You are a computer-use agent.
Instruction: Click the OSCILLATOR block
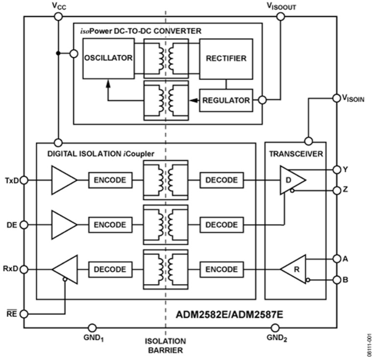(x=108, y=58)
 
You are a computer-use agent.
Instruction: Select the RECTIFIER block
(x=226, y=59)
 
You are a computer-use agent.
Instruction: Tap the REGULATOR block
(x=226, y=100)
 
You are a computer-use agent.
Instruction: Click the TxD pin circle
(x=24, y=180)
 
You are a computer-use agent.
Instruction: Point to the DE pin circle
(x=24, y=225)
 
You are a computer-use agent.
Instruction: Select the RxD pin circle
(x=24, y=269)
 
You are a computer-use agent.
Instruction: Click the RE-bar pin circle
(x=24, y=314)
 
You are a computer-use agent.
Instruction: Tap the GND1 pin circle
(x=92, y=328)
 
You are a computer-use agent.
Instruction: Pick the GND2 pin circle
(x=275, y=328)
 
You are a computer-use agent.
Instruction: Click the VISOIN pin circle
(x=336, y=98)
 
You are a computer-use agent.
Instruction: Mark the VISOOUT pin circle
(x=280, y=17)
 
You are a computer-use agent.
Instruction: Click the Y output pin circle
(x=337, y=170)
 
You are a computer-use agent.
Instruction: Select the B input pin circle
(x=337, y=280)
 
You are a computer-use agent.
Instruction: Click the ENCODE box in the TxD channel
(x=110, y=180)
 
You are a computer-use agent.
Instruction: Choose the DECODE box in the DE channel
(x=222, y=225)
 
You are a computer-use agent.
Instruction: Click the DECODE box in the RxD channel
(x=110, y=269)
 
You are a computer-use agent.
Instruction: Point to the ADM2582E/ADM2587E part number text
(x=229, y=315)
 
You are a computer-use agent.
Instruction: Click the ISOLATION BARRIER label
(x=165, y=346)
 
